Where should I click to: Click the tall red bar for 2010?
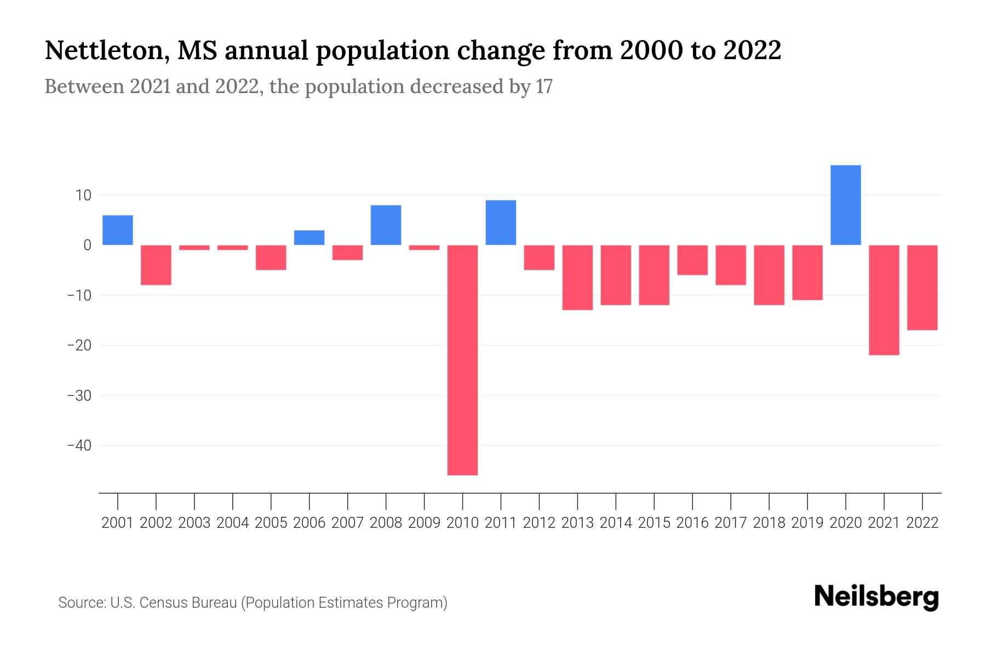click(462, 360)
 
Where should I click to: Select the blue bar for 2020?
click(845, 205)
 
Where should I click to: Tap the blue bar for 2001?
click(118, 230)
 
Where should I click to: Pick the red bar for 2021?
click(884, 300)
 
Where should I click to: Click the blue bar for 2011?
click(501, 222)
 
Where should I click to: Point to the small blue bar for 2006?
click(309, 238)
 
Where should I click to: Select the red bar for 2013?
click(577, 277)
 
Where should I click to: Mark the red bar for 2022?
click(922, 287)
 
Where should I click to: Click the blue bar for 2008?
click(386, 225)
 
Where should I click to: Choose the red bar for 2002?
click(156, 265)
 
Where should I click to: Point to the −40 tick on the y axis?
click(79, 446)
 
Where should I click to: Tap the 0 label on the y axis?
click(87, 245)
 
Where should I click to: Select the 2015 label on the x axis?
click(654, 523)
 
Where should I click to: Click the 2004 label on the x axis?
click(232, 523)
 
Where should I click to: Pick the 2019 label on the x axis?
click(807, 523)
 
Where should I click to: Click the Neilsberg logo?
click(876, 597)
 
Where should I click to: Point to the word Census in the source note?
click(162, 603)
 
